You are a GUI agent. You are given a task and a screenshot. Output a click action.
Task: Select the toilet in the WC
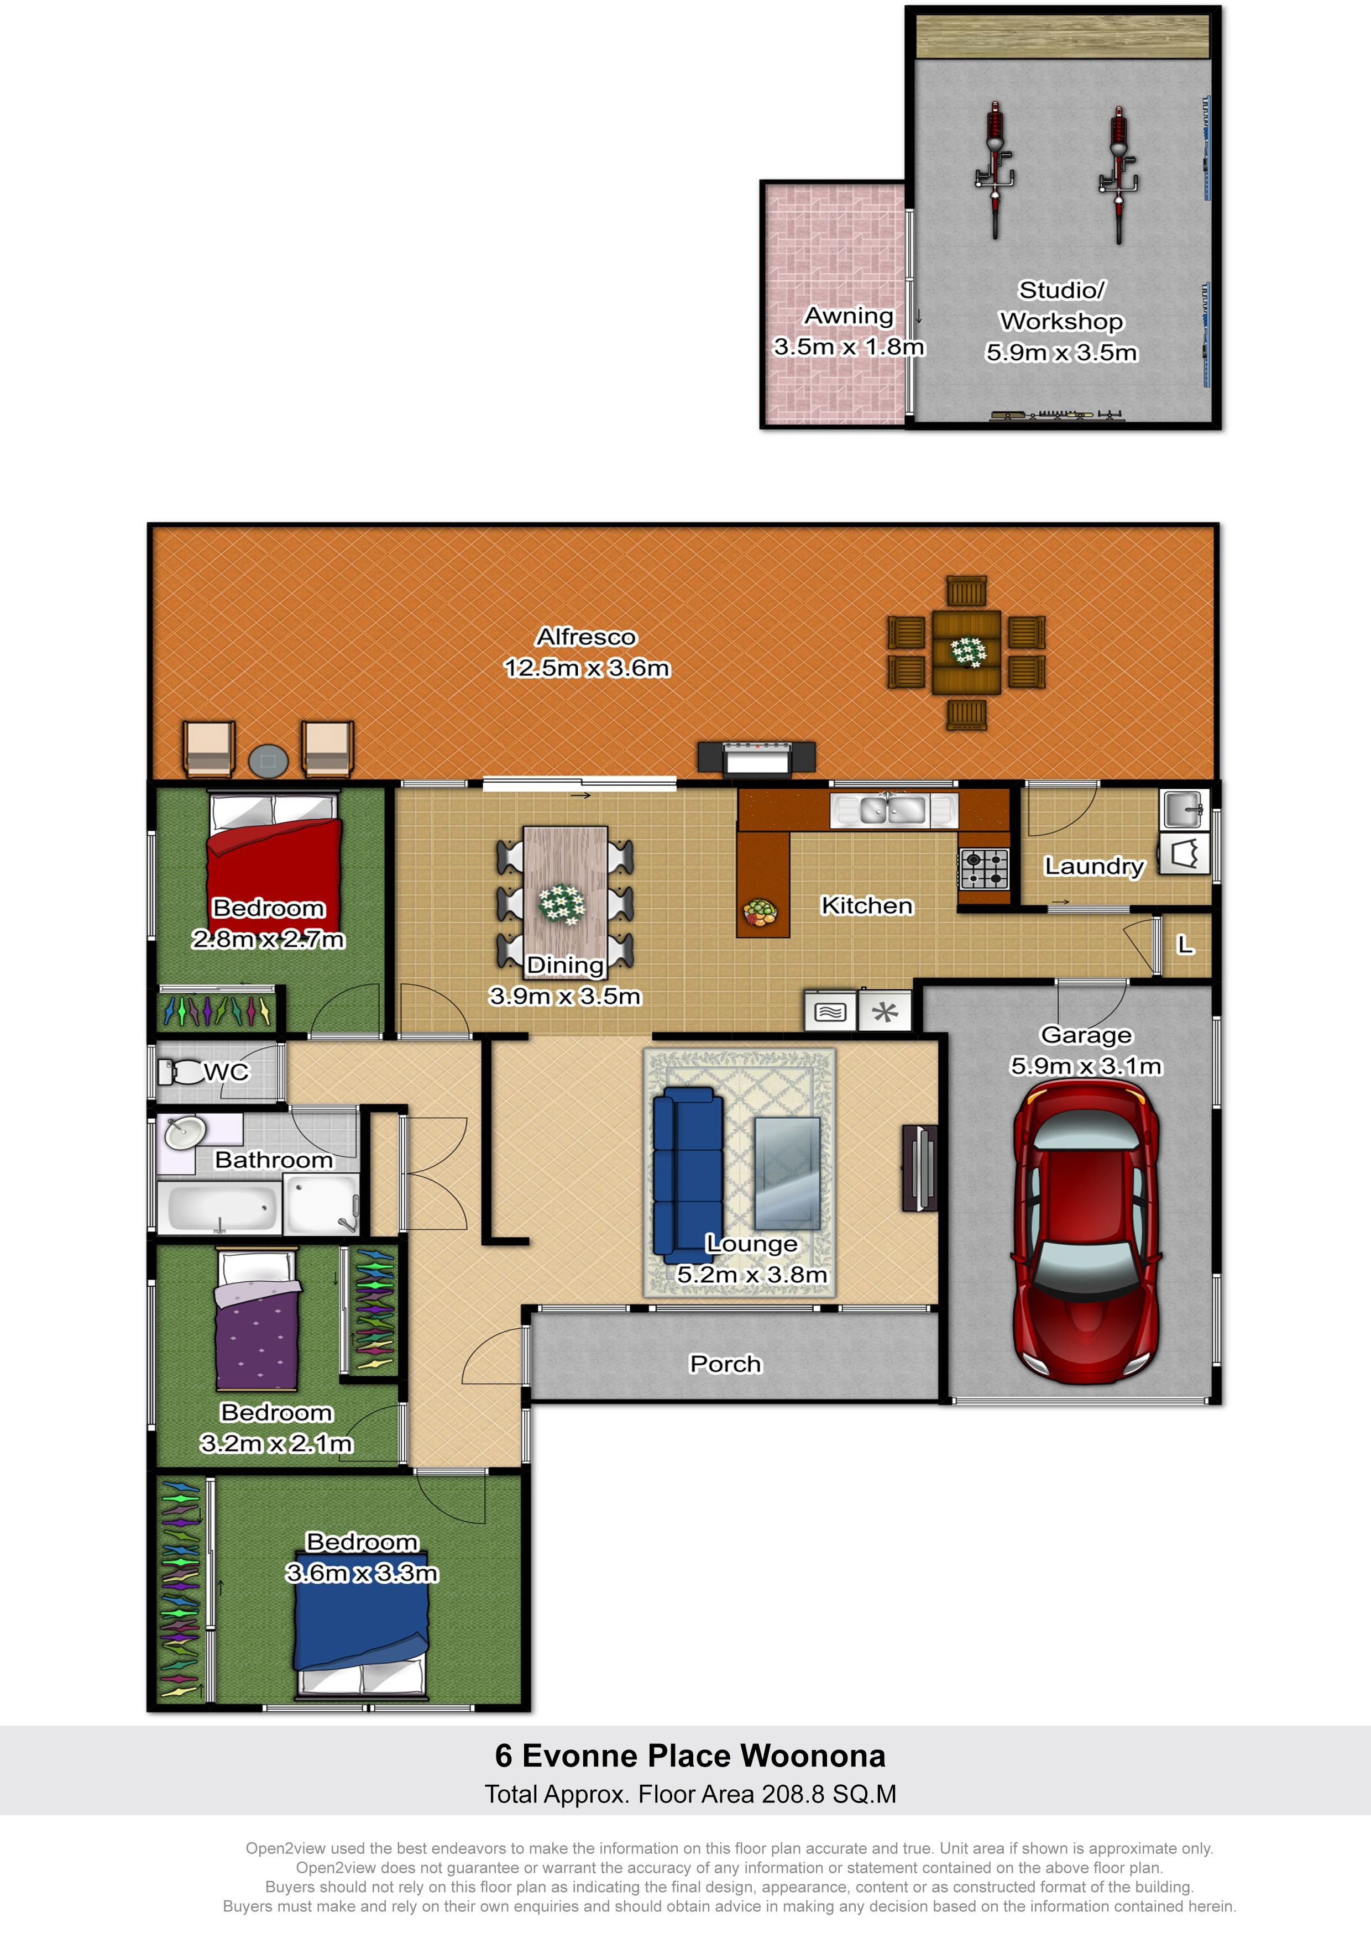pyautogui.click(x=180, y=1072)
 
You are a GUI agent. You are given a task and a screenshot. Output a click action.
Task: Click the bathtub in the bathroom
pyautogui.click(x=222, y=1208)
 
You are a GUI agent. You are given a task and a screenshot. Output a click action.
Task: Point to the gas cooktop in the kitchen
pyautogui.click(x=984, y=868)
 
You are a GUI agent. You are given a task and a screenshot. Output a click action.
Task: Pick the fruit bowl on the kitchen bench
pyautogui.click(x=760, y=912)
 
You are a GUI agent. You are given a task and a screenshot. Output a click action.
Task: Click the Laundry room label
pyautogui.click(x=1094, y=867)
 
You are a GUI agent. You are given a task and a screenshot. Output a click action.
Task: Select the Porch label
pyautogui.click(x=726, y=1364)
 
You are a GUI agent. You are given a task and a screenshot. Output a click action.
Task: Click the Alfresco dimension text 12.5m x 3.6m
pyautogui.click(x=586, y=668)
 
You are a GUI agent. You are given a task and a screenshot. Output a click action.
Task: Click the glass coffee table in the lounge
pyautogui.click(x=787, y=1173)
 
